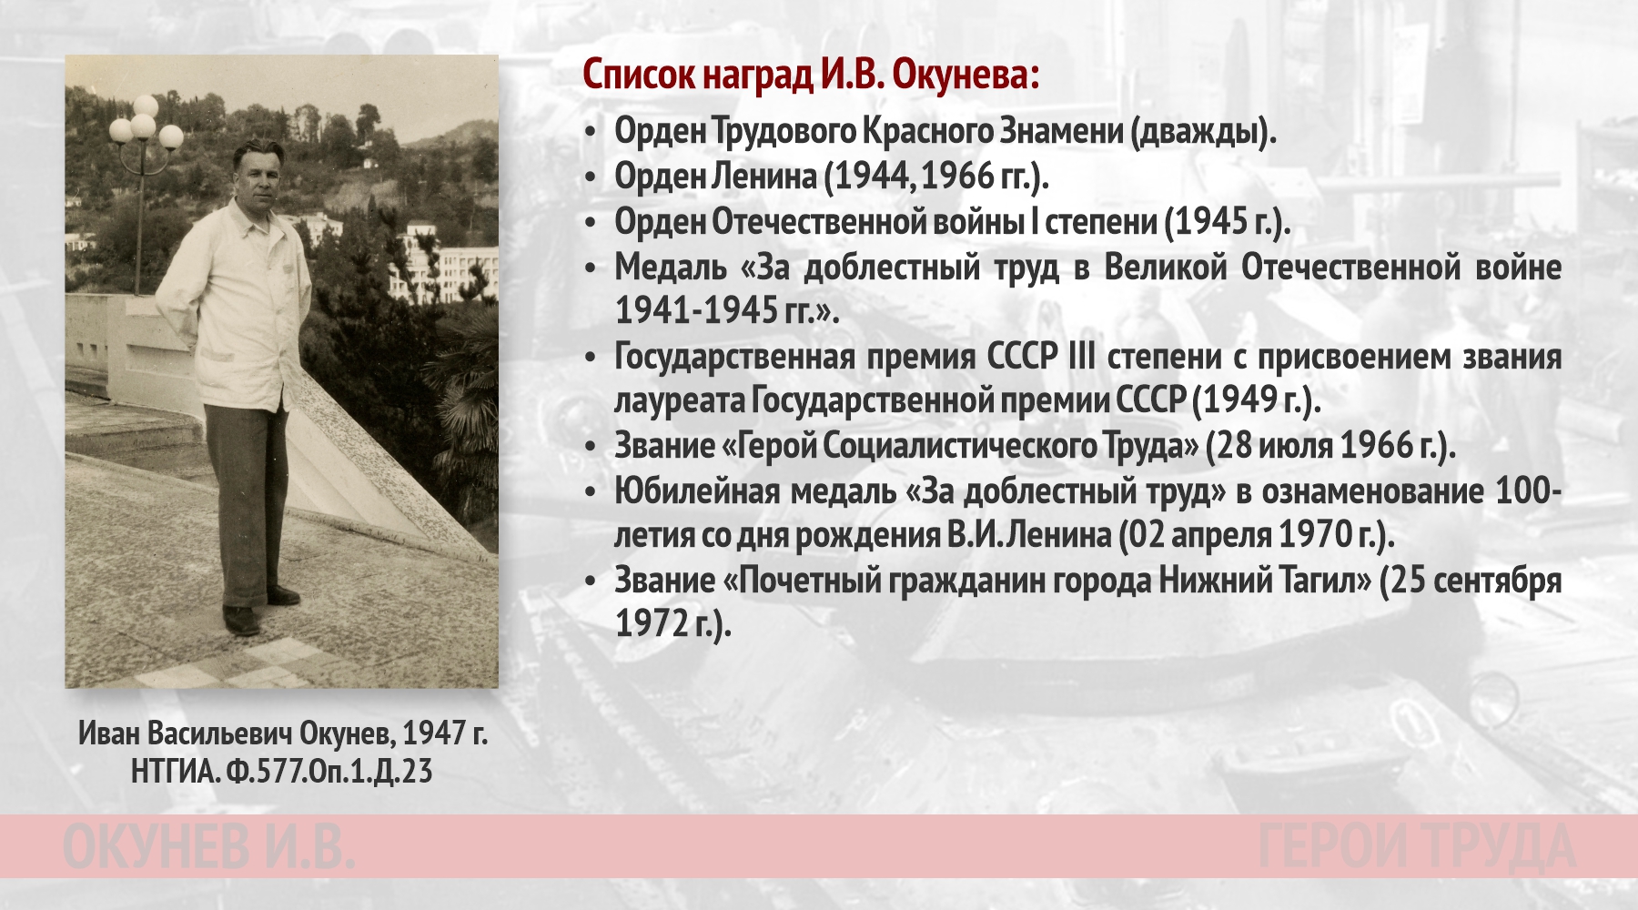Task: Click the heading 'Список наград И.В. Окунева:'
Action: (810, 76)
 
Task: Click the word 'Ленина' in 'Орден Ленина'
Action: (763, 176)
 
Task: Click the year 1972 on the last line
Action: (650, 623)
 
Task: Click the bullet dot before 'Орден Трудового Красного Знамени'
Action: (591, 133)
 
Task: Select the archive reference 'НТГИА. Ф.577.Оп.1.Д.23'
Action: (281, 772)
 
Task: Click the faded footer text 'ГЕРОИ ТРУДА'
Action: (1416, 845)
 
